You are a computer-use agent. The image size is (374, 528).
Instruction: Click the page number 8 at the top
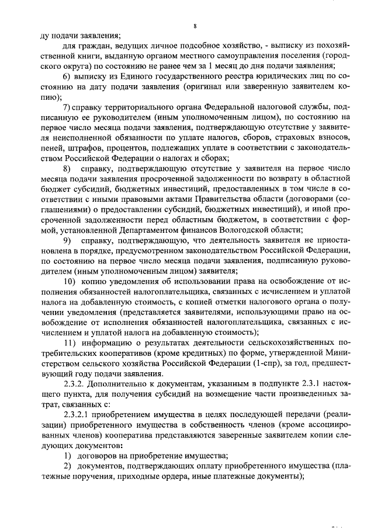(x=195, y=26)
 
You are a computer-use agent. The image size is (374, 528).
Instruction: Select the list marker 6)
(x=66, y=78)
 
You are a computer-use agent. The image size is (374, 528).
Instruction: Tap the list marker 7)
(x=66, y=109)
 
